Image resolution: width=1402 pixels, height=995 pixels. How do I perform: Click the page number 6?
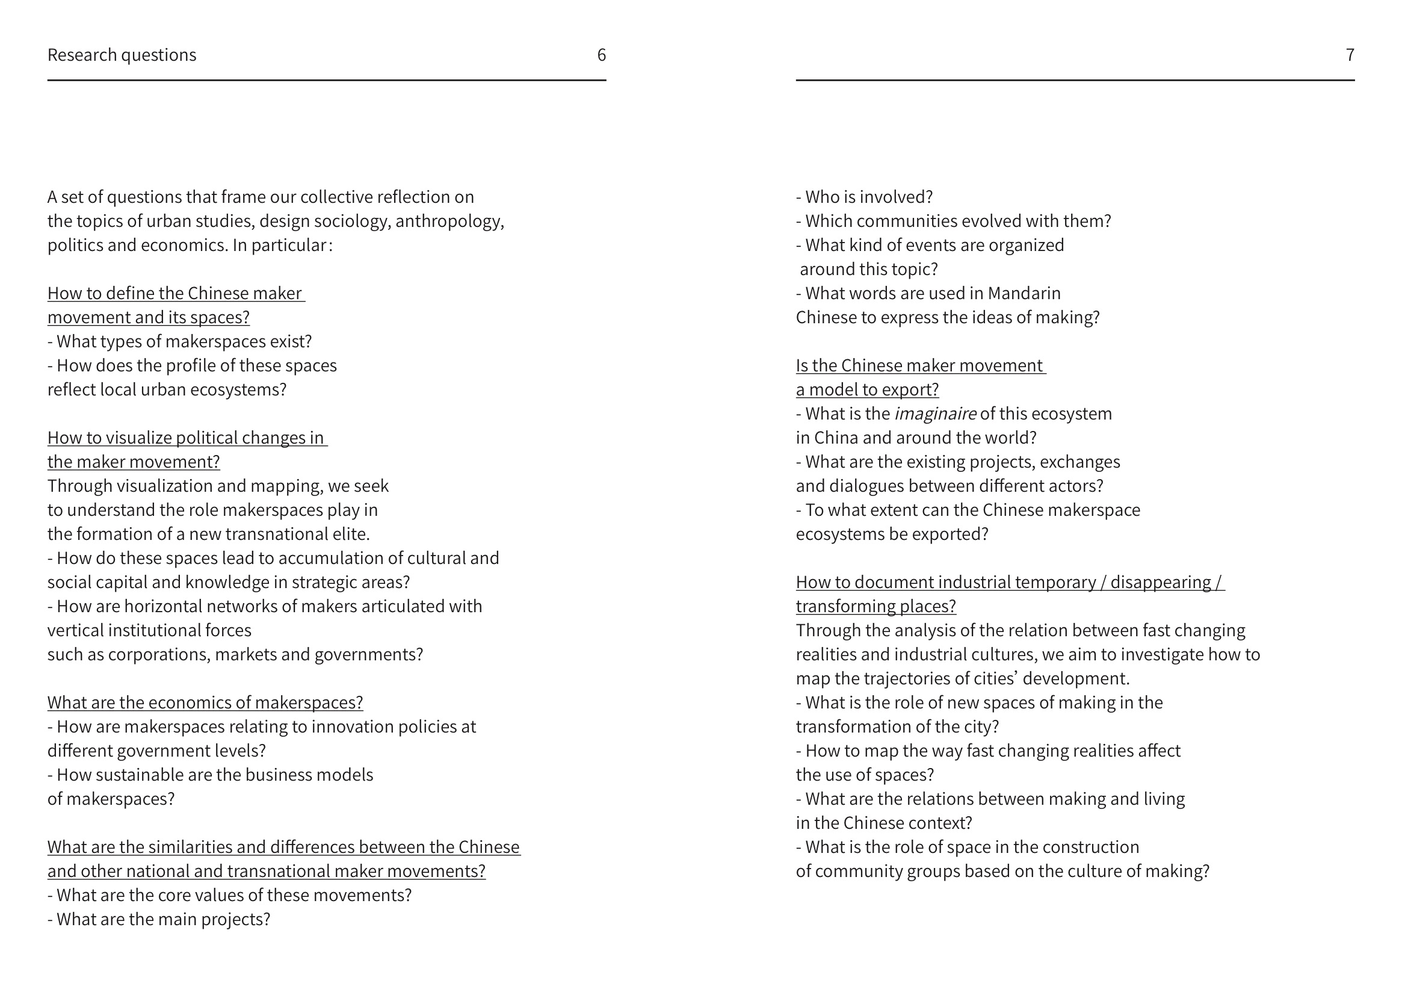[601, 55]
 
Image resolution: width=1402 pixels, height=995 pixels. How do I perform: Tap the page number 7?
[1349, 55]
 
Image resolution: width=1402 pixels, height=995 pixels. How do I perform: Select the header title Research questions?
[122, 55]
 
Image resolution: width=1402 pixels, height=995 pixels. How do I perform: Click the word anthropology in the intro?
[448, 221]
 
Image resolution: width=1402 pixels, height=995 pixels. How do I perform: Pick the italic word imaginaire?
[934, 414]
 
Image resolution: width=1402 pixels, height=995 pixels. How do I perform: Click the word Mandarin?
[1024, 294]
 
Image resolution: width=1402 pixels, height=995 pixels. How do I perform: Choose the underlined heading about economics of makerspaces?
[205, 702]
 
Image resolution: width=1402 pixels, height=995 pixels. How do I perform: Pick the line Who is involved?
[863, 197]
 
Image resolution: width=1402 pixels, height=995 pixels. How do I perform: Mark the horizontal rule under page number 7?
[1074, 80]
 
